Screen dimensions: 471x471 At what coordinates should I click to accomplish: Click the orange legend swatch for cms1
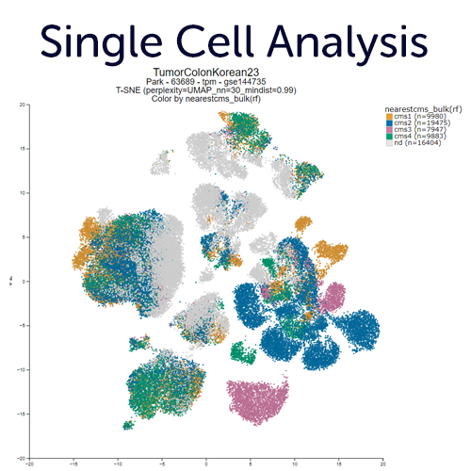(x=388, y=117)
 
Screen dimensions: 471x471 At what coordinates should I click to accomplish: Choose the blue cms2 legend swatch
(x=388, y=124)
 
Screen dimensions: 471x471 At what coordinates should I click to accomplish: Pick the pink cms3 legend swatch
(x=388, y=132)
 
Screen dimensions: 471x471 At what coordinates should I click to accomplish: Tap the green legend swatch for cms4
(x=388, y=139)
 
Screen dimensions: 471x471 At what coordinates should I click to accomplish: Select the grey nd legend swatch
(x=388, y=147)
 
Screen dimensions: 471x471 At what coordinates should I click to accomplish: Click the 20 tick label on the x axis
(x=382, y=463)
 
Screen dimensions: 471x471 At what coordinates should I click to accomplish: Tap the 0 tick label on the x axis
(x=205, y=463)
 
